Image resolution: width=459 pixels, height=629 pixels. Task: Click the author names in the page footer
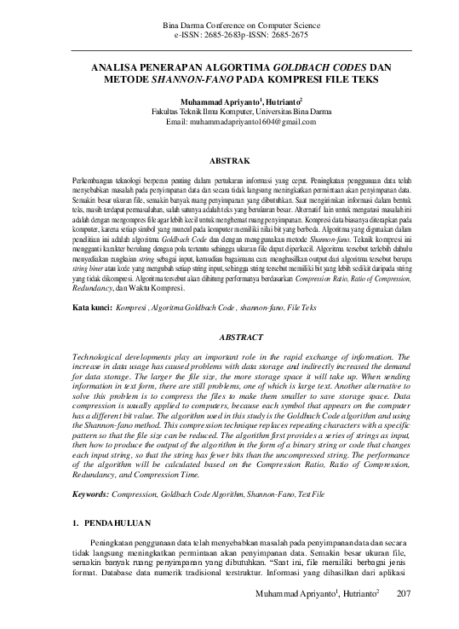pos(317,616)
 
